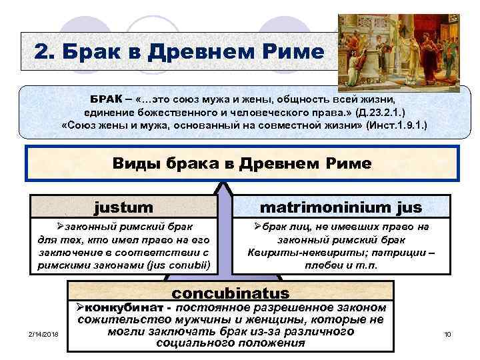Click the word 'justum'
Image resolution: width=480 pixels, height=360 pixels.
pyautogui.click(x=124, y=207)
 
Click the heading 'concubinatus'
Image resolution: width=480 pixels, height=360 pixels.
pyautogui.click(x=231, y=293)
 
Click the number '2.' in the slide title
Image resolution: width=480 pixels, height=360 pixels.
pyautogui.click(x=51, y=51)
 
